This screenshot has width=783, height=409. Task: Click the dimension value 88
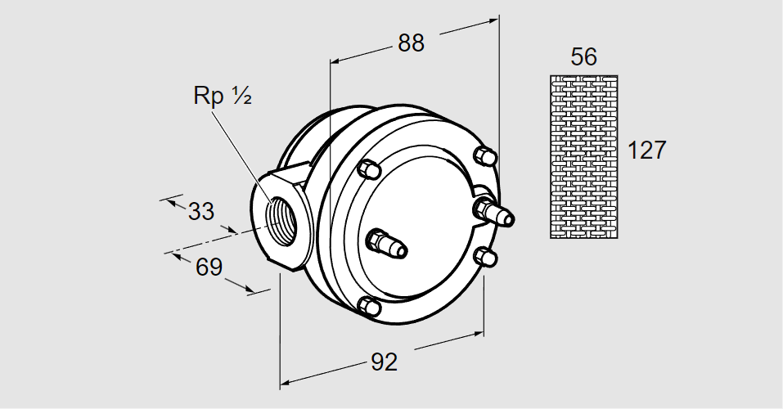pos(412,43)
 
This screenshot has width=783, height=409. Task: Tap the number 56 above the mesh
pos(584,56)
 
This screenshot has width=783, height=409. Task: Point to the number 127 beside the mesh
pos(646,150)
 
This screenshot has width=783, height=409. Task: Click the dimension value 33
pos(200,211)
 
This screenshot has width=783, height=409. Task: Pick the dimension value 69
pos(209,267)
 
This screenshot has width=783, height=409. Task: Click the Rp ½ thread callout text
pos(221,95)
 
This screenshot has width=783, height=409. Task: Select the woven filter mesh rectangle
pos(584,156)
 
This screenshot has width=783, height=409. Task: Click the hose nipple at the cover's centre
pos(387,244)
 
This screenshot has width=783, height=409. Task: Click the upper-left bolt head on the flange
pos(368,168)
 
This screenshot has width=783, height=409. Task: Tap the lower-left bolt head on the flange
pos(370,307)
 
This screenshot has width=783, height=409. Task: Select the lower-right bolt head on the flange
pos(485,256)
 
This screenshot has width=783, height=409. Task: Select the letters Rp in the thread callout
pos(209,96)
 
